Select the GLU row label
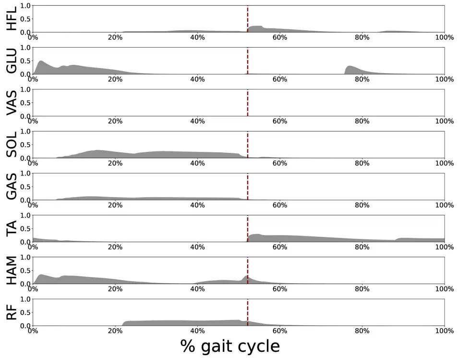tap(12, 61)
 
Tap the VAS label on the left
tap(12, 102)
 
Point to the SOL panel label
tap(12, 144)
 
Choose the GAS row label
tap(12, 186)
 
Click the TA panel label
tap(12, 228)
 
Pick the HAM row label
tap(12, 270)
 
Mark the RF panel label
tap(12, 312)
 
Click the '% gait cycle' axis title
tap(230, 346)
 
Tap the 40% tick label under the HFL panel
tap(197, 37)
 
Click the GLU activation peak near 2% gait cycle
tap(40, 62)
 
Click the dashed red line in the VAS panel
tap(247, 102)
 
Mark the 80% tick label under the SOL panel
tap(362, 163)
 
